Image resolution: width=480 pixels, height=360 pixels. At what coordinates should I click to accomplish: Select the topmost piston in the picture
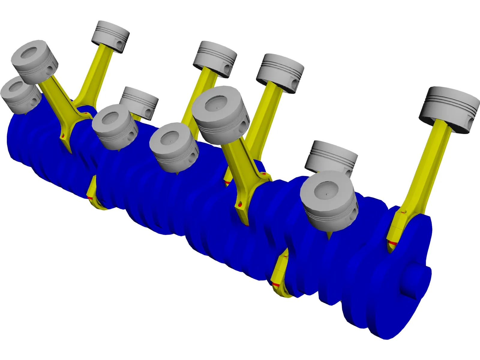(x=110, y=36)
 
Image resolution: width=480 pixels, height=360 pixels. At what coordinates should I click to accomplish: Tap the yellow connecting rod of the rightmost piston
(x=426, y=168)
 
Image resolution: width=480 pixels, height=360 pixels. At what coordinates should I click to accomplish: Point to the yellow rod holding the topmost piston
(x=96, y=72)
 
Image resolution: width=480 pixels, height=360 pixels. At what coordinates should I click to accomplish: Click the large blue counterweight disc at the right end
(x=387, y=300)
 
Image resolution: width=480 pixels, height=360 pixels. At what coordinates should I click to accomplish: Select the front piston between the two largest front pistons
(x=174, y=147)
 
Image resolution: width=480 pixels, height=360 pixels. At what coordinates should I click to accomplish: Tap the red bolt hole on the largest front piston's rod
(x=240, y=205)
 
